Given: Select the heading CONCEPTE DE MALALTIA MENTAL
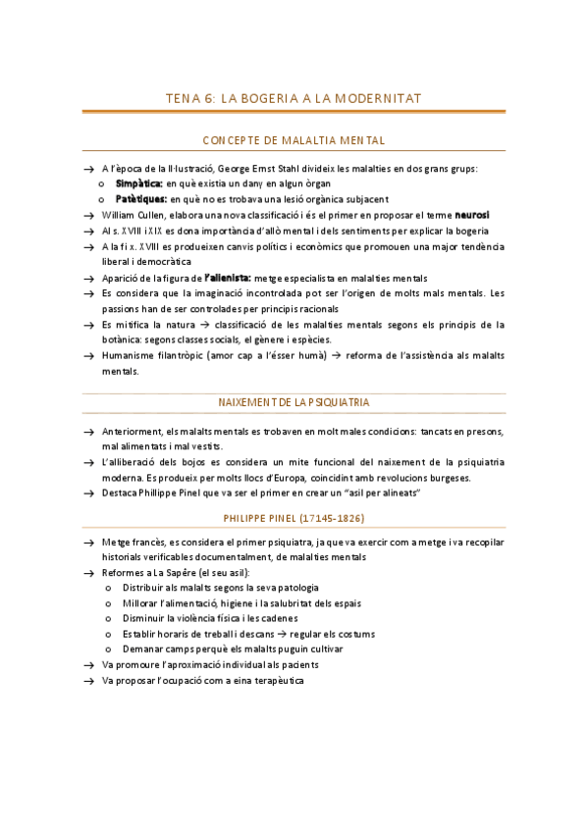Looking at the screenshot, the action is point(294,140).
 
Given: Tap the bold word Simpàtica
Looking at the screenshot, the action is point(139,183).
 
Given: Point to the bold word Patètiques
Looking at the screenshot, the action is point(141,198).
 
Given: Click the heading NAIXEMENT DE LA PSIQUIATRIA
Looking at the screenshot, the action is point(294,402).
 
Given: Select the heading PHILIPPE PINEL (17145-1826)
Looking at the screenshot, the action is point(294,517).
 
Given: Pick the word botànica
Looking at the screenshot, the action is point(125,339).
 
